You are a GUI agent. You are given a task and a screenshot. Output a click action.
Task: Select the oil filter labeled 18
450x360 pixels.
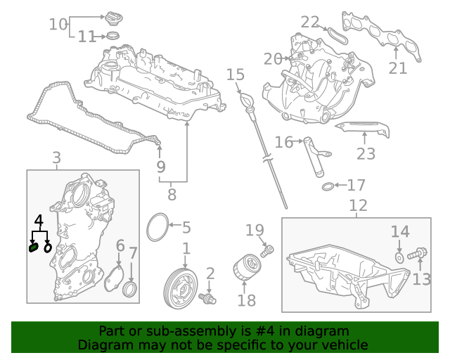pos(247,266)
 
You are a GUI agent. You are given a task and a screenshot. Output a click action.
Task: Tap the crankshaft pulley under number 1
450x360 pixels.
pos(180,288)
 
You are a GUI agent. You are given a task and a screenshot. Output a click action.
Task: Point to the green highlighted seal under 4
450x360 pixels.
pos(34,247)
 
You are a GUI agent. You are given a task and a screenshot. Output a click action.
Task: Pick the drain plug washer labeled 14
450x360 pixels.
pos(399,257)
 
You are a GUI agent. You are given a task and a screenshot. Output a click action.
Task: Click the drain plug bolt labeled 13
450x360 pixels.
pos(417,254)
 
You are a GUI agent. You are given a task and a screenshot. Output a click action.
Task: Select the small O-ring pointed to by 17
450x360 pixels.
pos(328,186)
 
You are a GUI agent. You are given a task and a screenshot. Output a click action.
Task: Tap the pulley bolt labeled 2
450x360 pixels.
pos(207,298)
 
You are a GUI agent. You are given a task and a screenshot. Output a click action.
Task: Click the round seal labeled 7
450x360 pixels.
pos(129,290)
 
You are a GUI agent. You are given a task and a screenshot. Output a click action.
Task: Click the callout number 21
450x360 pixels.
pos(397,68)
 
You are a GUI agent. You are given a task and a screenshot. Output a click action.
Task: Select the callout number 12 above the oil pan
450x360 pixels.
pos(358,205)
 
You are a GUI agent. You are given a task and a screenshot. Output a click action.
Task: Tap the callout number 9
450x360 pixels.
pos(161,167)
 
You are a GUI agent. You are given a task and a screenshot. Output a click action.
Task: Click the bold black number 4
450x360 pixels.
pos(39,221)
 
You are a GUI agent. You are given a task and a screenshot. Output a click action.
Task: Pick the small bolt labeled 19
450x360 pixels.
pos(267,251)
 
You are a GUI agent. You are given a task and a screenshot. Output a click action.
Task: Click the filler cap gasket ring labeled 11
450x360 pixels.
pos(112,36)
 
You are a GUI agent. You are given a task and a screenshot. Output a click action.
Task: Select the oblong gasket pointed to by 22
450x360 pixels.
pos(337,36)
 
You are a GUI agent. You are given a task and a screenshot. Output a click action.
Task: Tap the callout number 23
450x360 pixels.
pos(366,153)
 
